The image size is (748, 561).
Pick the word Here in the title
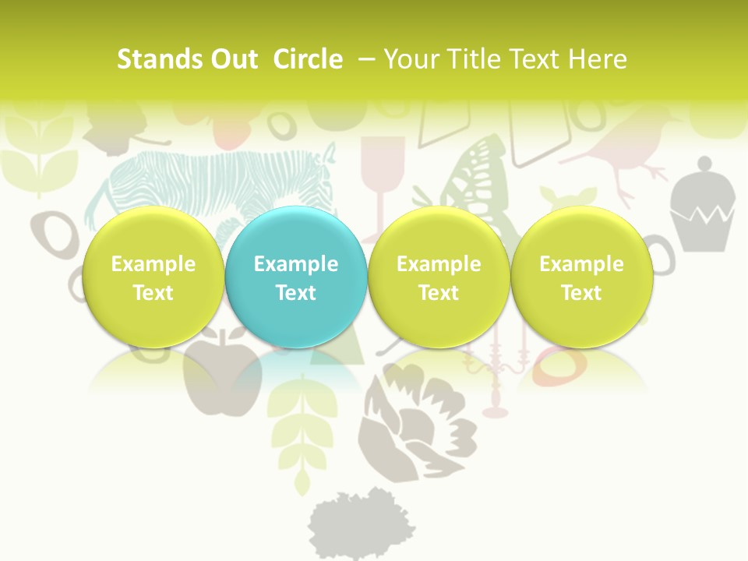598,59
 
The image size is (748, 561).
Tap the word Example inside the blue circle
296,264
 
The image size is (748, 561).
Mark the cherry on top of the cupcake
704,164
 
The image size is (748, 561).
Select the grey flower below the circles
417,421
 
